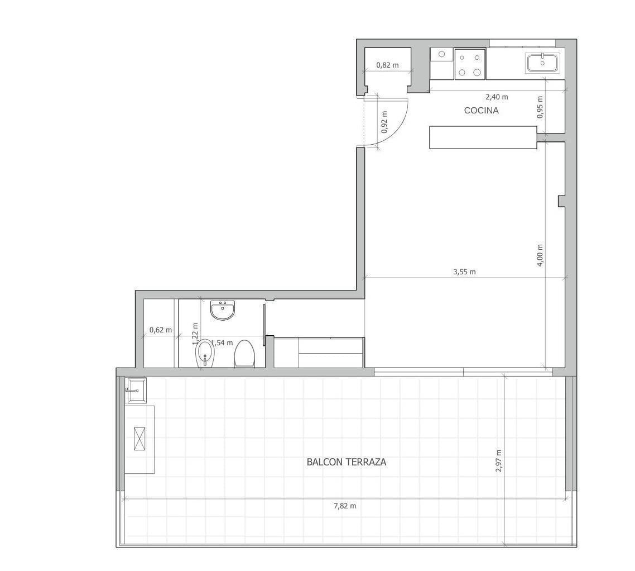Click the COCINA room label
(x=481, y=110)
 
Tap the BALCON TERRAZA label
(x=347, y=462)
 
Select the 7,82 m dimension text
(x=345, y=506)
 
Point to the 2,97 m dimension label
(x=498, y=461)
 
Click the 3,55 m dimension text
(x=464, y=272)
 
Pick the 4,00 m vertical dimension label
(x=540, y=255)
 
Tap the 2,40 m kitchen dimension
(x=497, y=97)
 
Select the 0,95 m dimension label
(x=540, y=107)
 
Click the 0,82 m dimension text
(x=387, y=65)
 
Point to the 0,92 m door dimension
(x=384, y=122)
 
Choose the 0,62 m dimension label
(x=160, y=330)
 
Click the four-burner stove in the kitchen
(x=470, y=64)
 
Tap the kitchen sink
(x=543, y=63)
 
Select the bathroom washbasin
(x=222, y=310)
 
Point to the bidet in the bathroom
(x=205, y=354)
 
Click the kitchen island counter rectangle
(x=483, y=137)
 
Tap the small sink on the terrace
(x=137, y=391)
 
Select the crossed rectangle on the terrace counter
(x=139, y=439)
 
